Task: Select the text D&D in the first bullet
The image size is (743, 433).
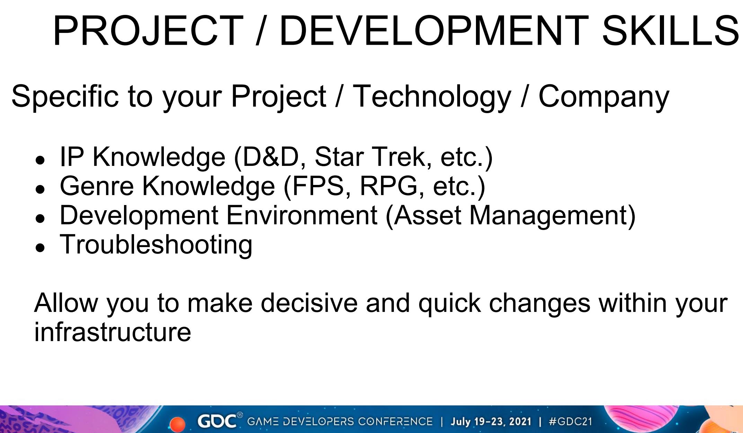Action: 270,157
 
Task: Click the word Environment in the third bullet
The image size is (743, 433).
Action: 302,215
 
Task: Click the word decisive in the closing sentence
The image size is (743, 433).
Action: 309,303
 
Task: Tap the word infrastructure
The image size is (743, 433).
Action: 113,332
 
